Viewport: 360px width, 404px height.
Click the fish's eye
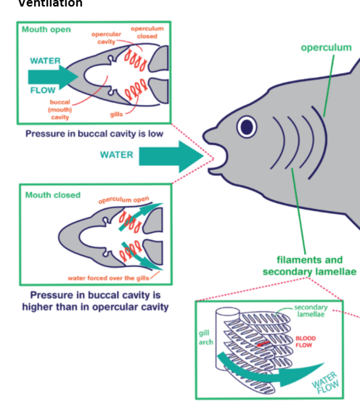tap(247, 127)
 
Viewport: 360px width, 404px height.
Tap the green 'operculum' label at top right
tap(326, 48)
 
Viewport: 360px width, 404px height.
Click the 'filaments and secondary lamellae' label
tap(309, 265)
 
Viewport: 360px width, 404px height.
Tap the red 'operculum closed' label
tap(147, 32)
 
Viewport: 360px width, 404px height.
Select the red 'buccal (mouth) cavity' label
tap(60, 110)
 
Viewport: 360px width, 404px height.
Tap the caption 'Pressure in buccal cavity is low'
tap(94, 133)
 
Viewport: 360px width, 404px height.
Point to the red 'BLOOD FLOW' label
tap(306, 341)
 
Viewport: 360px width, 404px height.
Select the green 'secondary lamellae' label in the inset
tap(311, 311)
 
